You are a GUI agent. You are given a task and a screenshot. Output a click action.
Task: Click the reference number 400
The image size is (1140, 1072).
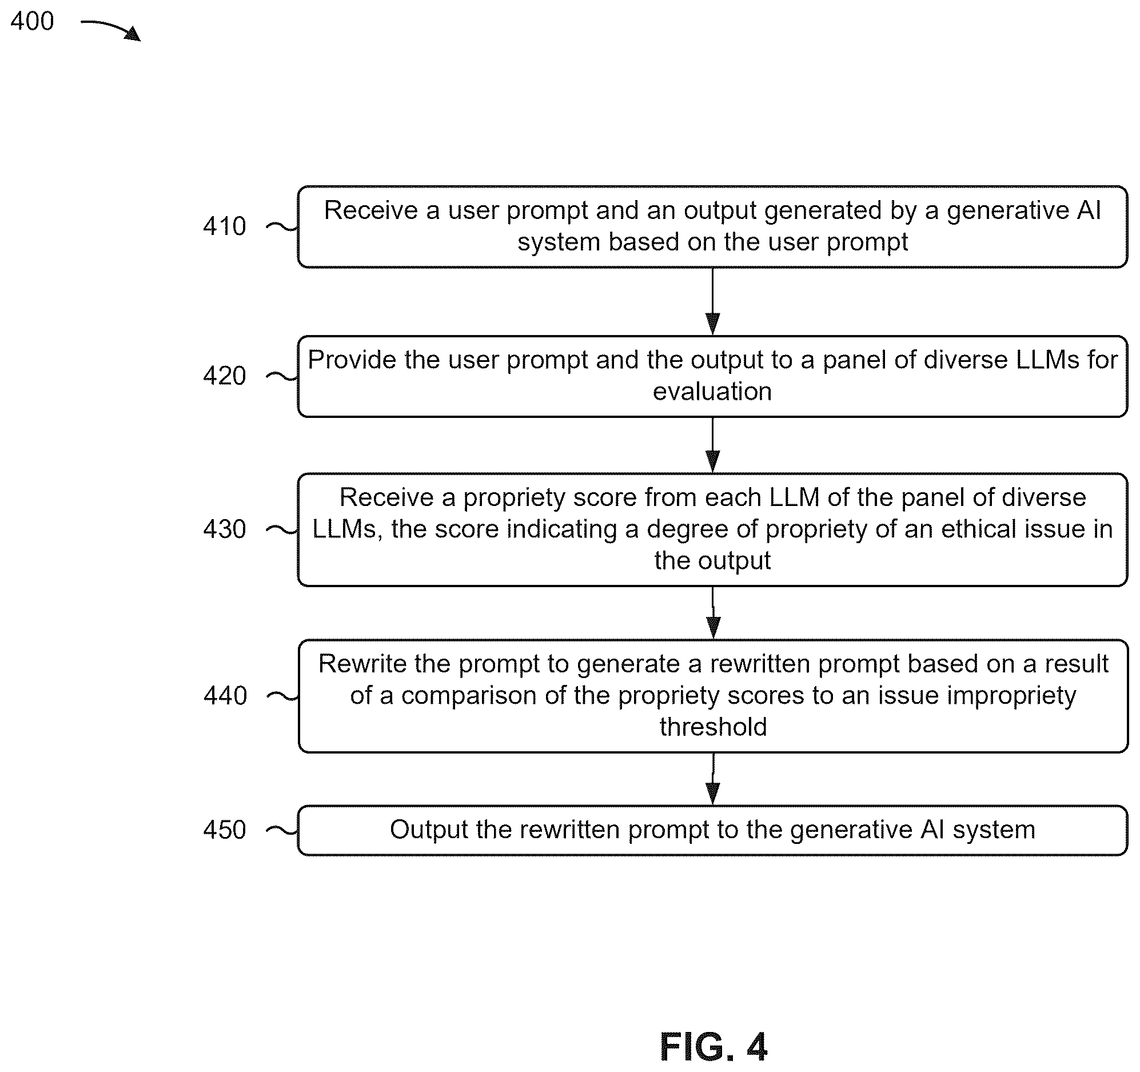pos(32,21)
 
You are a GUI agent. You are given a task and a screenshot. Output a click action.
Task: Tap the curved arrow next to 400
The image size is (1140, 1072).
pos(111,28)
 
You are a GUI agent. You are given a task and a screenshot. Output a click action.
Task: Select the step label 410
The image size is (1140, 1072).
pos(225,226)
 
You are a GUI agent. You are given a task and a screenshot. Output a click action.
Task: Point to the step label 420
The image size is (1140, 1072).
pos(225,376)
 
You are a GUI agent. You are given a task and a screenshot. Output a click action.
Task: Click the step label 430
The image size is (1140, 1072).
pos(225,529)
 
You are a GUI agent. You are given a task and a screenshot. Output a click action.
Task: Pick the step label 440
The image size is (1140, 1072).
pos(225,695)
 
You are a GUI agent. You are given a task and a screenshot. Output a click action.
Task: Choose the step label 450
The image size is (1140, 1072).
pos(225,830)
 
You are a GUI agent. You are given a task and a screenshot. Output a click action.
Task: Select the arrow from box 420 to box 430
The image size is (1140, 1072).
pos(712,445)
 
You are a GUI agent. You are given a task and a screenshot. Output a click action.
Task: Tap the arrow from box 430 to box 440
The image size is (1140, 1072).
pos(713,612)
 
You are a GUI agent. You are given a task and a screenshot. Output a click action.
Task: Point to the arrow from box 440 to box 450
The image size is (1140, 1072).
pos(713,779)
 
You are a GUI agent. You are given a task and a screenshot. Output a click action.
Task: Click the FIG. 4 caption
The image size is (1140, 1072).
pos(714,1047)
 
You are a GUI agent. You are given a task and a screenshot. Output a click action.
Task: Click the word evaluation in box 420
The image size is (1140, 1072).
pos(712,392)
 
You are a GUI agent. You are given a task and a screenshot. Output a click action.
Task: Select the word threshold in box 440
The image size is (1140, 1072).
pos(714,727)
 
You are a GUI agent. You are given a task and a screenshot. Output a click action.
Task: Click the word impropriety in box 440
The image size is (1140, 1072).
pos(1011,696)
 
